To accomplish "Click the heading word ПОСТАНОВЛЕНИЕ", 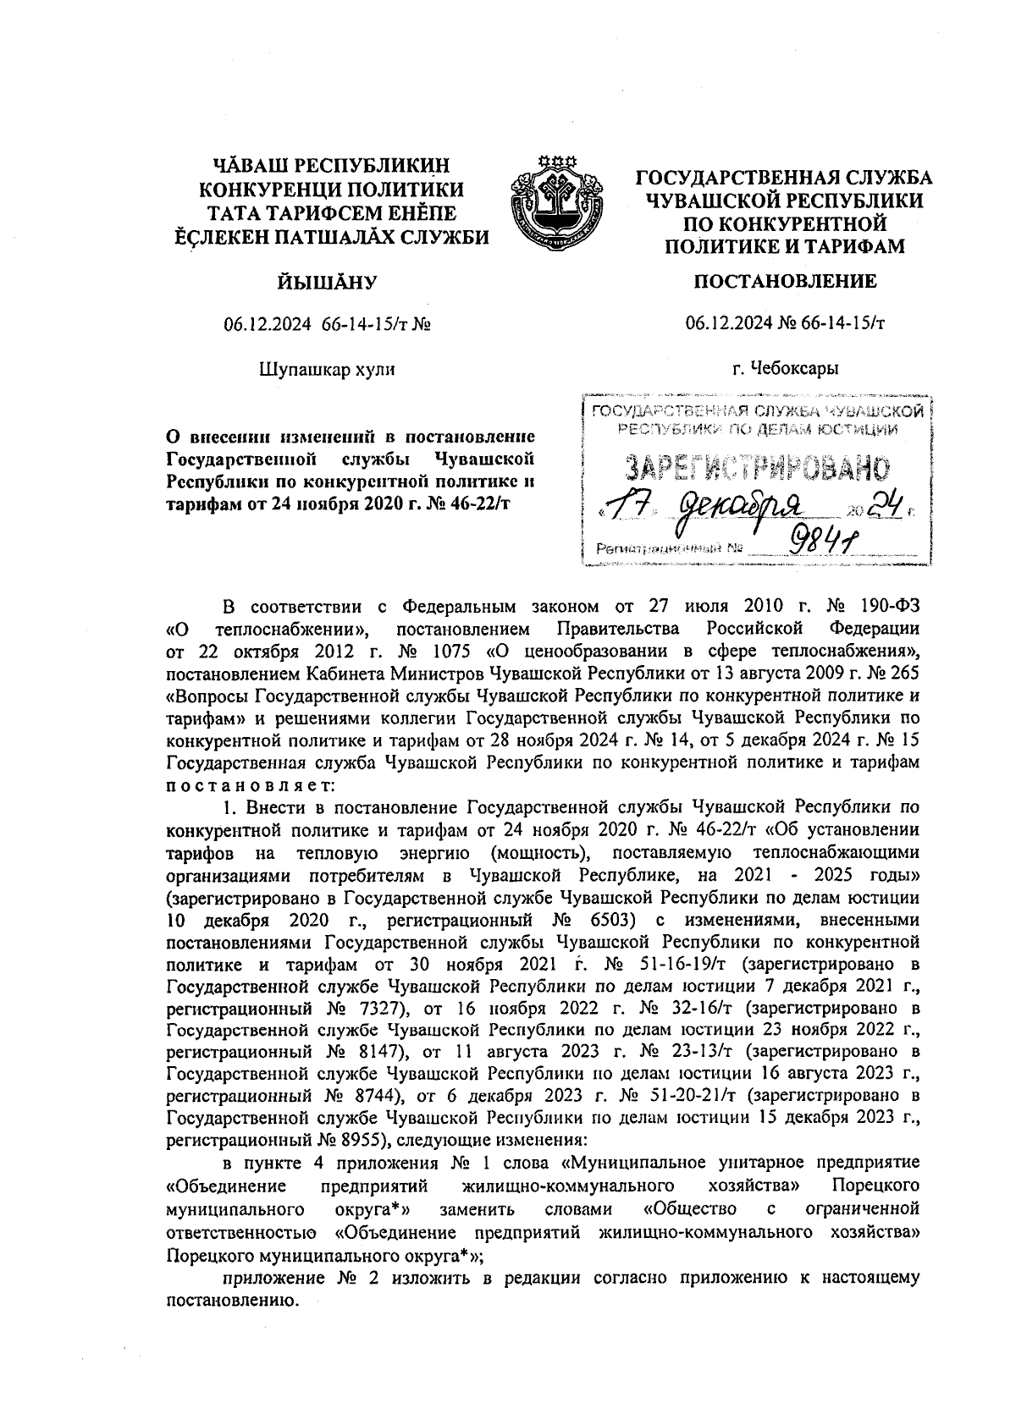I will pos(785,281).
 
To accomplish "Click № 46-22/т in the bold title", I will pos(477,503).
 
